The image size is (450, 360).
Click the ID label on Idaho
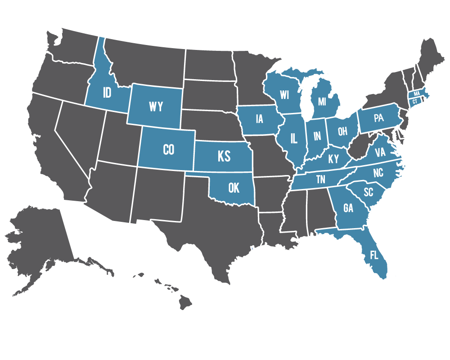pyautogui.click(x=107, y=93)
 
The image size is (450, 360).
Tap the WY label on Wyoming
pyautogui.click(x=156, y=107)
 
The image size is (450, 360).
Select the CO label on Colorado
pyautogui.click(x=168, y=149)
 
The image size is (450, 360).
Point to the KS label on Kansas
pyautogui.click(x=224, y=156)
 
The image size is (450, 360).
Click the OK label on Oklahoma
pyautogui.click(x=234, y=188)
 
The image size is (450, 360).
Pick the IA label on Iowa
pyautogui.click(x=259, y=119)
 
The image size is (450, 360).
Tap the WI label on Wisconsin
pyautogui.click(x=284, y=95)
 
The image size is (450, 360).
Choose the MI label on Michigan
pyautogui.click(x=322, y=102)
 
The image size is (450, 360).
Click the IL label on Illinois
pyautogui.click(x=294, y=138)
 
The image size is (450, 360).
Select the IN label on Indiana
pyautogui.click(x=317, y=135)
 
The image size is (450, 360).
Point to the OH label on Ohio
pyautogui.click(x=343, y=131)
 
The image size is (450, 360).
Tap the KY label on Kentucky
pyautogui.click(x=333, y=159)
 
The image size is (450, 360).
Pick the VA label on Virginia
pyautogui.click(x=380, y=153)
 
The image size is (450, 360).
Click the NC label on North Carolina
pyautogui.click(x=378, y=173)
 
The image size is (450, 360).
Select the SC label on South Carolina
pyautogui.click(x=368, y=192)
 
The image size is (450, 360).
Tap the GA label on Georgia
pyautogui.click(x=348, y=208)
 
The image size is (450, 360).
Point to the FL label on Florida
pyautogui.click(x=374, y=255)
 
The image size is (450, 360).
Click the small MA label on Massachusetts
pyautogui.click(x=417, y=93)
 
